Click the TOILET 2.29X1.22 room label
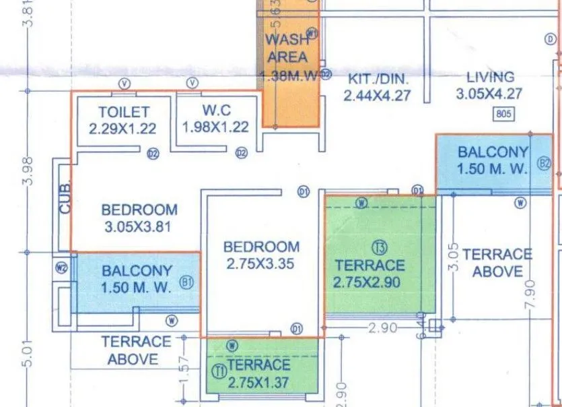pyautogui.click(x=123, y=119)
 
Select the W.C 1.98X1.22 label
pyautogui.click(x=215, y=119)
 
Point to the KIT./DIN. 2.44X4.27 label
pyautogui.click(x=376, y=87)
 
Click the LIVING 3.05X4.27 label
pyautogui.click(x=489, y=86)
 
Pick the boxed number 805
pyautogui.click(x=503, y=114)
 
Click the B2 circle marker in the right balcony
pyautogui.click(x=544, y=163)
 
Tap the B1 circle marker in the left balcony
pyautogui.click(x=187, y=283)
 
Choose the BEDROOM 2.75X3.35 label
pyautogui.click(x=261, y=255)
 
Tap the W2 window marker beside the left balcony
pyautogui.click(x=63, y=268)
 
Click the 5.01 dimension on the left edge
pyautogui.click(x=28, y=354)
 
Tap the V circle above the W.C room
pyautogui.click(x=193, y=83)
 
